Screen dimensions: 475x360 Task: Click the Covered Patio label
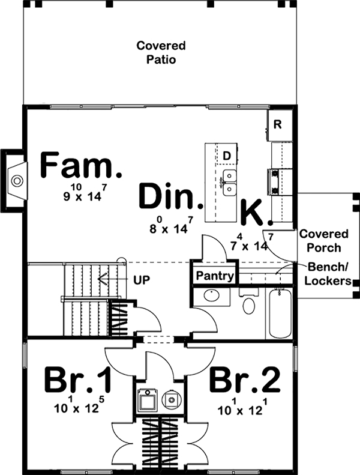[160, 53]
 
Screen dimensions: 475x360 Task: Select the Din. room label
[169, 196]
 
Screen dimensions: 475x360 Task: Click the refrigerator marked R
[278, 125]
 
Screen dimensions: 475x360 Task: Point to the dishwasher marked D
[227, 156]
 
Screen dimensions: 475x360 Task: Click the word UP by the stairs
[142, 280]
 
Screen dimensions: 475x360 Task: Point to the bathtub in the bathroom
[280, 314]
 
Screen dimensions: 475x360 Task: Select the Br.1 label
[79, 380]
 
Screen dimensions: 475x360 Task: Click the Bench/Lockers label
[329, 273]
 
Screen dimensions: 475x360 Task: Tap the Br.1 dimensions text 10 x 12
[78, 409]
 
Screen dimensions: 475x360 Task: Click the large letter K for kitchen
[252, 213]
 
